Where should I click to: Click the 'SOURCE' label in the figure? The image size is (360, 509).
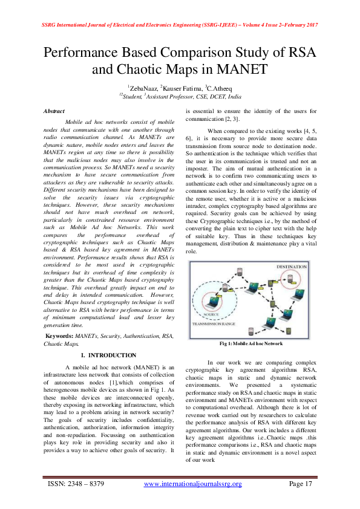[212, 315]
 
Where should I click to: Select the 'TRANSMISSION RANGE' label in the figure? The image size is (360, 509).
[213, 325]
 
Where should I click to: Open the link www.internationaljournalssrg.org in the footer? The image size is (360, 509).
[192, 484]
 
